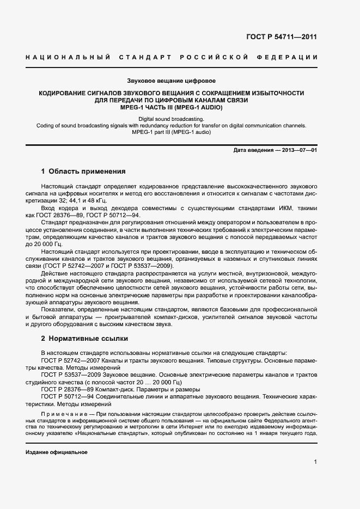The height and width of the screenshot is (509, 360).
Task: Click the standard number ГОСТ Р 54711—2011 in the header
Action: (x=289, y=37)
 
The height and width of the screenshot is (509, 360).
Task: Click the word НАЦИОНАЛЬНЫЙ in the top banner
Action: (x=68, y=57)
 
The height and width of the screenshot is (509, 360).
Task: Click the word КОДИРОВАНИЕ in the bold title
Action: (x=64, y=93)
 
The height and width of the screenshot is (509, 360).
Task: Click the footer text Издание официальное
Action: (x=57, y=452)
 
